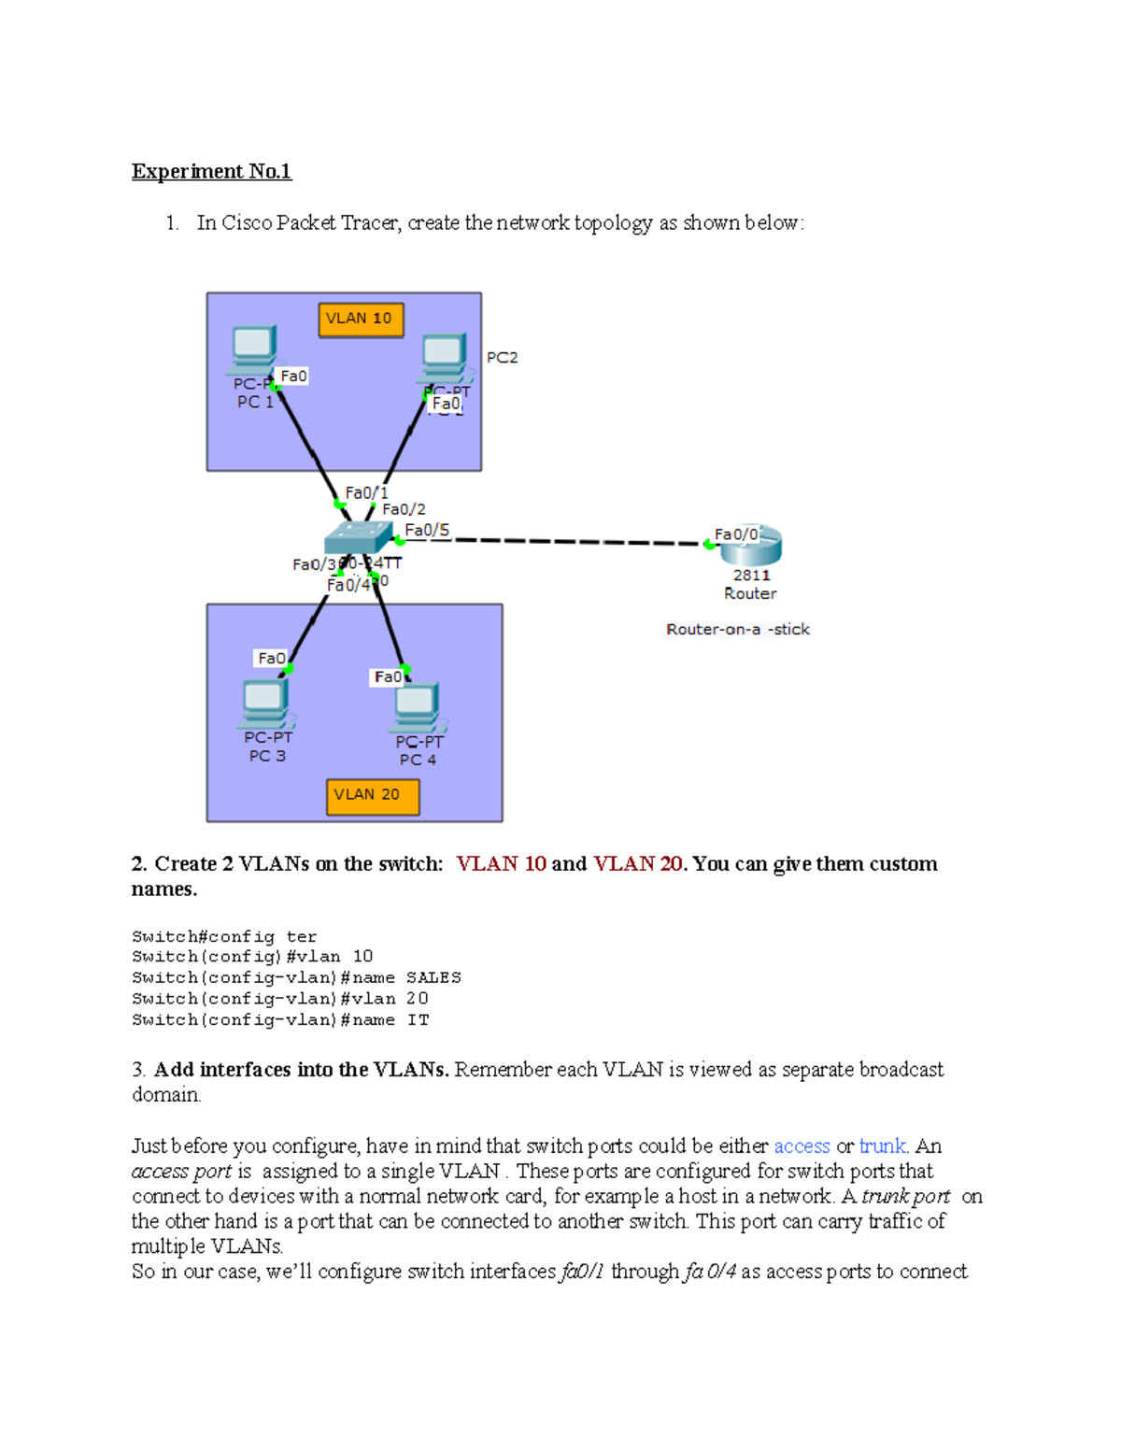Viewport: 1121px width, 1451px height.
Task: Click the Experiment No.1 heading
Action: [x=211, y=171]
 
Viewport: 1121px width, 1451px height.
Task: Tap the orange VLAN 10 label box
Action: [x=361, y=319]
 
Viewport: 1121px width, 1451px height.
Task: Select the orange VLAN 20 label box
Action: [x=372, y=795]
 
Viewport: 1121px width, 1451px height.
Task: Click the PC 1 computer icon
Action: [x=253, y=349]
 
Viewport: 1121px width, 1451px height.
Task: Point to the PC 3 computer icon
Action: [x=266, y=704]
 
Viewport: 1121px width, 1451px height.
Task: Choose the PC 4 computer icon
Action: [x=418, y=708]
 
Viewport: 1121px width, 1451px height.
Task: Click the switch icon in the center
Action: [x=358, y=538]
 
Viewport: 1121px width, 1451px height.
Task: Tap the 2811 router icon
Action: [x=751, y=547]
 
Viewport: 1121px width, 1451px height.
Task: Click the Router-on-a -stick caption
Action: [x=737, y=629]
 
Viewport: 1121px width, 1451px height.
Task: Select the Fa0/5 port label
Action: [x=427, y=530]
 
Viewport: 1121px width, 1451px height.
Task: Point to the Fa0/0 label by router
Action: [x=735, y=534]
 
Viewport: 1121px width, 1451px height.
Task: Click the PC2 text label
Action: [x=502, y=357]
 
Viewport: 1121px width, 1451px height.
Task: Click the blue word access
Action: [x=802, y=1145]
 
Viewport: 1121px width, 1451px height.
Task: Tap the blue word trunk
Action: [x=882, y=1145]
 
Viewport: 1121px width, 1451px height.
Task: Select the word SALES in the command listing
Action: [x=433, y=977]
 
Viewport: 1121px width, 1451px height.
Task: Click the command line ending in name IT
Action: [x=280, y=1020]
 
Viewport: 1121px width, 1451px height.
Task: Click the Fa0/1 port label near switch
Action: [x=366, y=492]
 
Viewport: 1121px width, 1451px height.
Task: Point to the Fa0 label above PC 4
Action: [x=388, y=676]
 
